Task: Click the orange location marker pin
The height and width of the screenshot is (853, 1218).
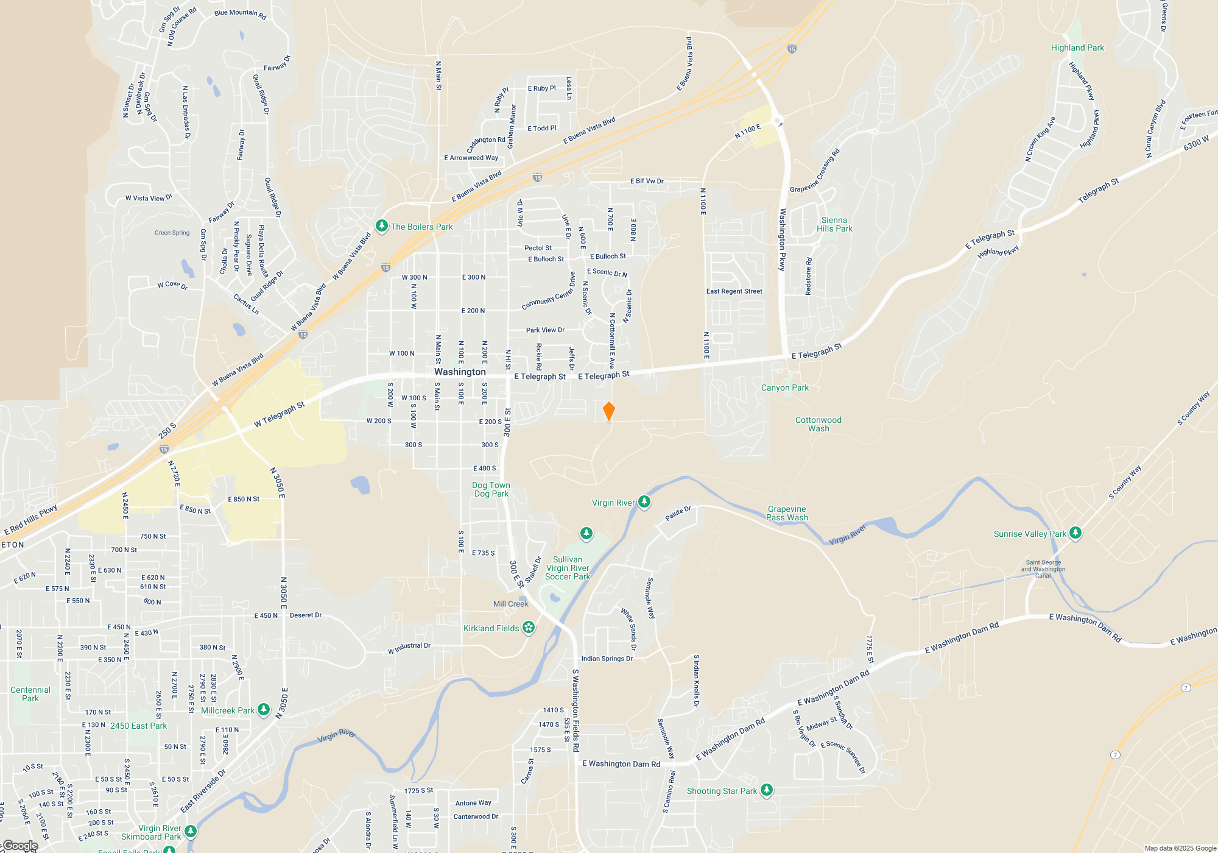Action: pos(608,411)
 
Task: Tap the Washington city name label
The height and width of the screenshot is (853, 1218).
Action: pos(460,372)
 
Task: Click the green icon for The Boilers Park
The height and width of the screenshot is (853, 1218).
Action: pos(382,227)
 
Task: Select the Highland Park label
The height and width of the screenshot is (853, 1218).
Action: pos(1077,48)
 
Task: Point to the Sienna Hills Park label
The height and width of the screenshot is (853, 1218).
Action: pos(834,224)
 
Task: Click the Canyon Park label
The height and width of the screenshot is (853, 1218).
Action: pos(784,388)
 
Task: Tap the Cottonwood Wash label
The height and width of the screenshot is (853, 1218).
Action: pos(818,424)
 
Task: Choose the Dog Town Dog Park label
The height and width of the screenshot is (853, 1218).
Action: pos(491,489)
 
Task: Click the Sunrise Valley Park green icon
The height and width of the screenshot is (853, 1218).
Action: pos(1075,533)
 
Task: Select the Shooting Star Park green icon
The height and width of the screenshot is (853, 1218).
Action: pos(767,790)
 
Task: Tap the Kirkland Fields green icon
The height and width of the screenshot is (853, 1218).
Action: pos(529,628)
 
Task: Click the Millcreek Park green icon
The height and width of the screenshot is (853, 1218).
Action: pos(264,710)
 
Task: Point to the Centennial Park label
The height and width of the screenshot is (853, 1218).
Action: pos(30,694)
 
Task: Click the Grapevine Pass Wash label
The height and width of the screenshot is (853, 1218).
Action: pos(787,513)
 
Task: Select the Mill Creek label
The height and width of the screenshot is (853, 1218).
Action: pos(510,604)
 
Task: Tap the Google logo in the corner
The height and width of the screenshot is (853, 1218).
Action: pos(19,846)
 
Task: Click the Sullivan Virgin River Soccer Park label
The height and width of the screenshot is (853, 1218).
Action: pos(568,568)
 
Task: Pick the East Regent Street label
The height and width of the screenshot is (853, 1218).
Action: pos(734,291)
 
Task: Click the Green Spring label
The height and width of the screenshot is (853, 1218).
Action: pos(172,233)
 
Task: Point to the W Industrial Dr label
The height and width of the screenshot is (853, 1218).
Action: pos(409,648)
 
